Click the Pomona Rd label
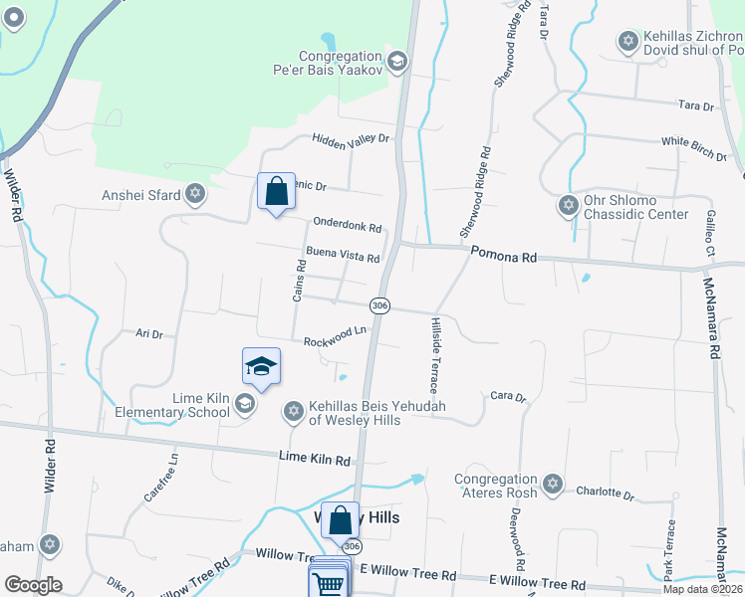(504, 257)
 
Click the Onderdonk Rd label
(348, 225)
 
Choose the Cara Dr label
(508, 396)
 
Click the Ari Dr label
(148, 335)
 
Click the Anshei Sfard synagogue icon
(195, 194)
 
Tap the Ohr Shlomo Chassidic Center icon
(569, 206)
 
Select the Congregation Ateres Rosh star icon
(554, 486)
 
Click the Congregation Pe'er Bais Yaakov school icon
(396, 63)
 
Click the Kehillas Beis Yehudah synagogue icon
(293, 410)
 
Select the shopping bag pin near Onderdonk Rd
(276, 191)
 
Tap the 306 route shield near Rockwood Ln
(378, 304)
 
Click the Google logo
(33, 585)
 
